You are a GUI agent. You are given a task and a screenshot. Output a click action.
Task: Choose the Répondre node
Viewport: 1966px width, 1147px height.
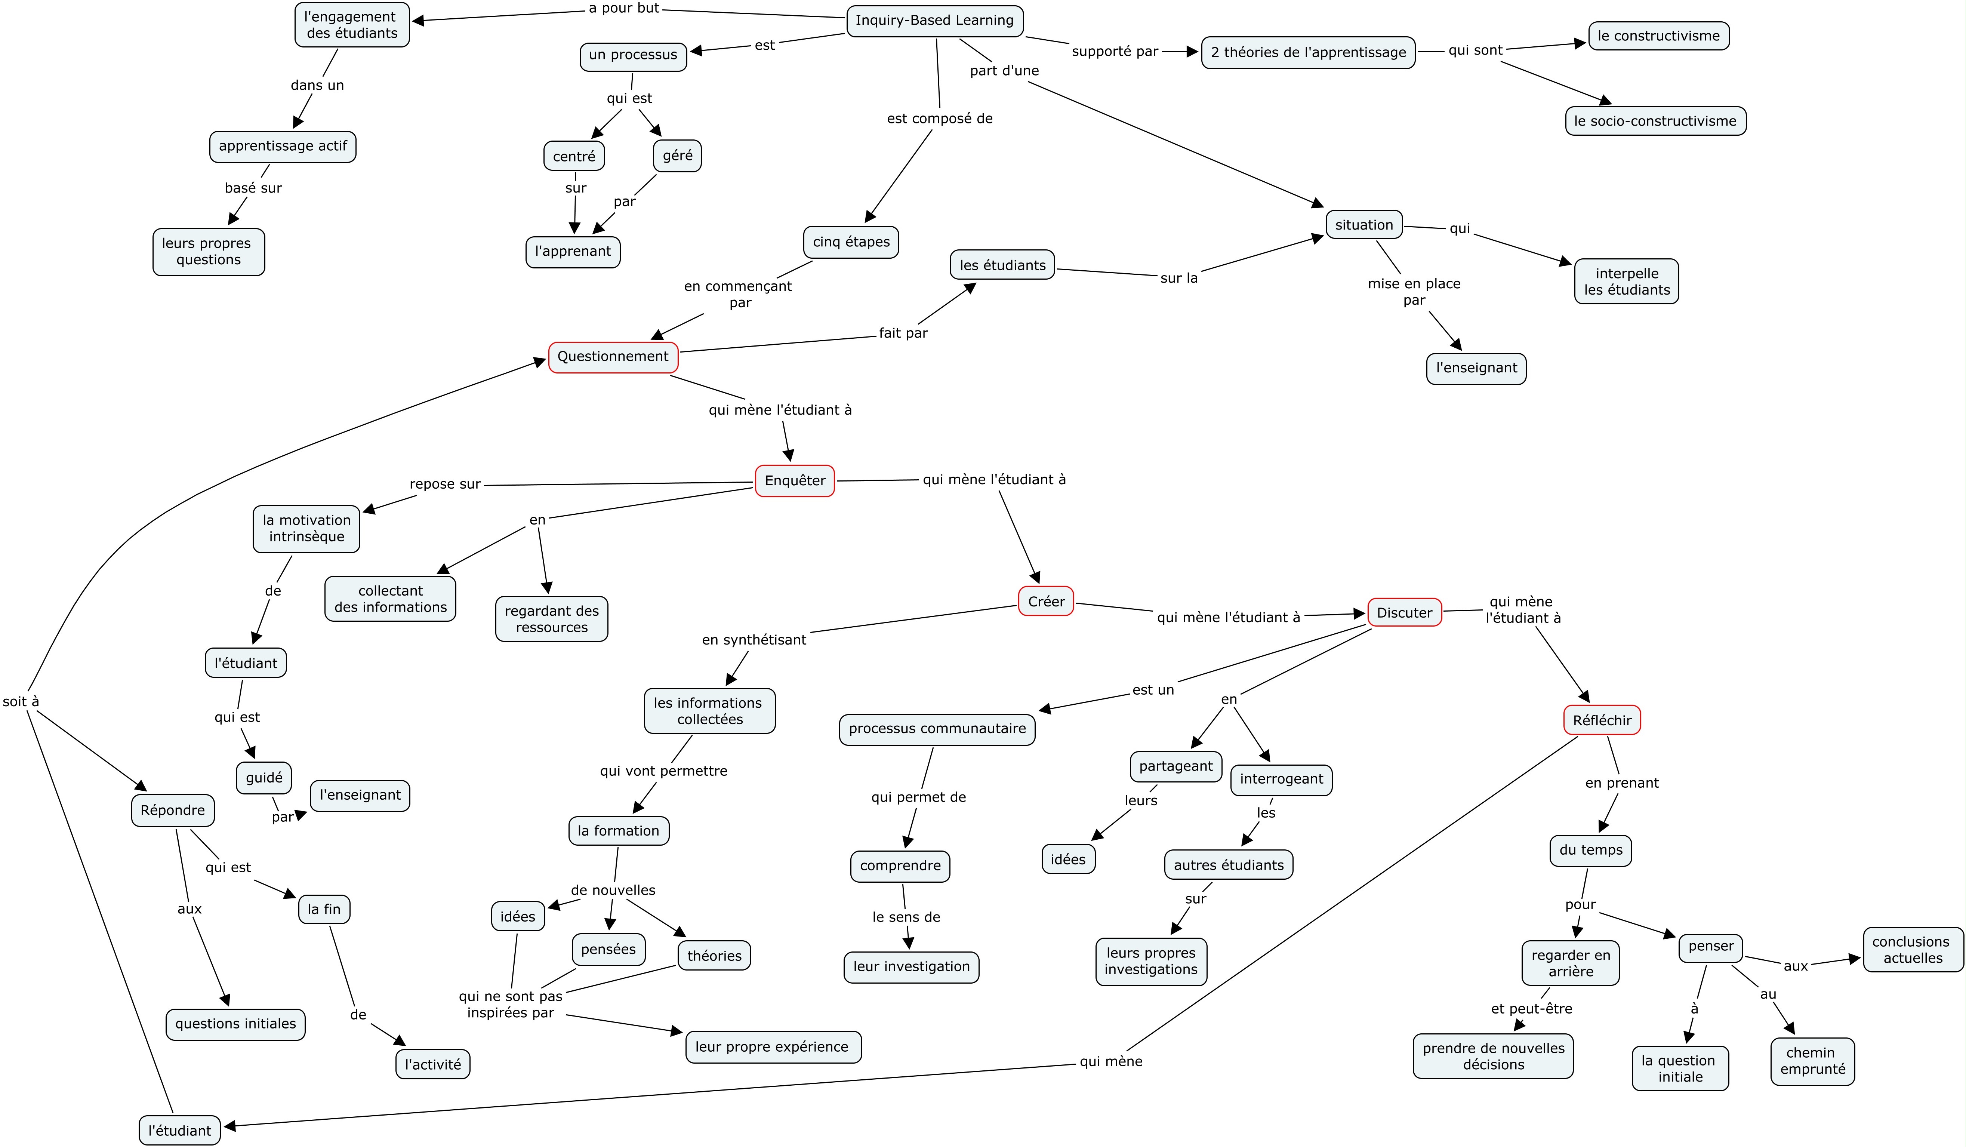172,810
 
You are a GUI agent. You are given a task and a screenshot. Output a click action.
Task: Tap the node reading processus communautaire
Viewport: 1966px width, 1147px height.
937,729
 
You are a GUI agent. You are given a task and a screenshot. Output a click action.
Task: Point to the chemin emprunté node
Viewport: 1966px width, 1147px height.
1812,1061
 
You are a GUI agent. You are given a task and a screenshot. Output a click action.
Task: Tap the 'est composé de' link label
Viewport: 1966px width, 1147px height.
939,119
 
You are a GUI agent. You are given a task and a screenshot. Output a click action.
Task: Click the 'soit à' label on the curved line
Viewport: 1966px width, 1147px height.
21,701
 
